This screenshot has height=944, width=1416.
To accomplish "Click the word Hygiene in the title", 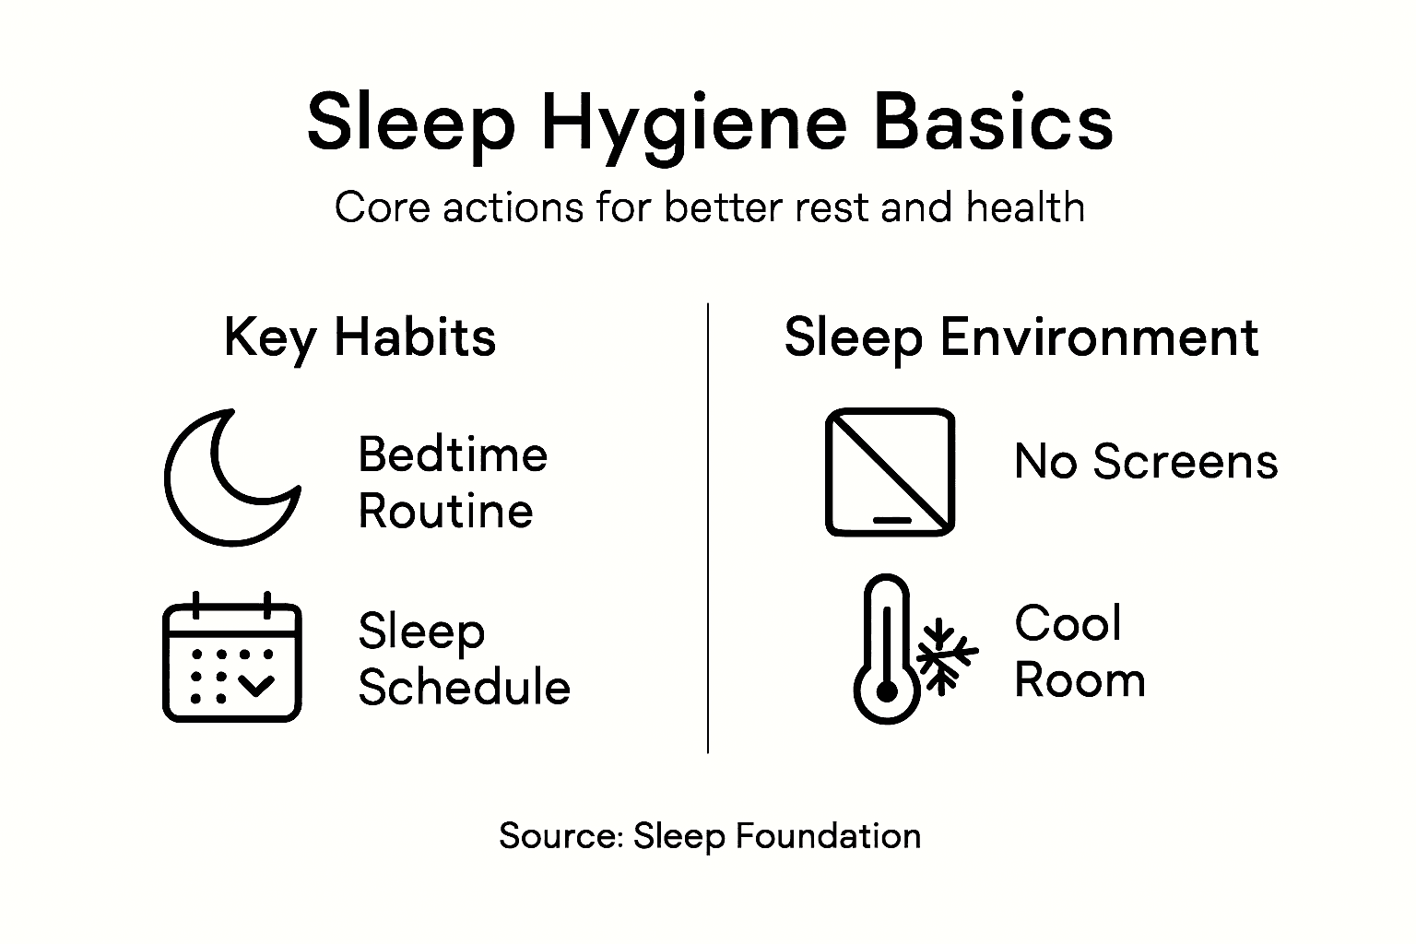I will click(x=693, y=124).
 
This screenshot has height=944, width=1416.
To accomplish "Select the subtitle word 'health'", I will click(x=1025, y=207).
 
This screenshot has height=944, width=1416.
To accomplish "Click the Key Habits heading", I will click(x=360, y=337).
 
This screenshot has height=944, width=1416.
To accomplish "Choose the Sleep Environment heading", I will click(x=1021, y=337).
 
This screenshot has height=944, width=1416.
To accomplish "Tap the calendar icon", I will click(x=231, y=657).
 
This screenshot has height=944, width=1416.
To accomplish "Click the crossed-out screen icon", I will click(x=890, y=472).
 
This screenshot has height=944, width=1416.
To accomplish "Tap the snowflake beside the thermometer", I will click(x=943, y=655).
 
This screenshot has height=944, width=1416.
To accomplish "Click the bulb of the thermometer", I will click(x=886, y=692).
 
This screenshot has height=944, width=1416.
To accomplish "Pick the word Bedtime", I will click(x=453, y=455).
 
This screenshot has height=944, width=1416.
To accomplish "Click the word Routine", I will click(x=445, y=512).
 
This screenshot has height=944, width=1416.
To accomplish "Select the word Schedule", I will click(x=464, y=688).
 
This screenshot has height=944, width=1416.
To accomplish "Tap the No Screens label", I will click(x=1146, y=462).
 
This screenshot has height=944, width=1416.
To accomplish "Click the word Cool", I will click(x=1068, y=624).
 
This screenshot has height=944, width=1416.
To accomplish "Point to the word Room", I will click(x=1080, y=681).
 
